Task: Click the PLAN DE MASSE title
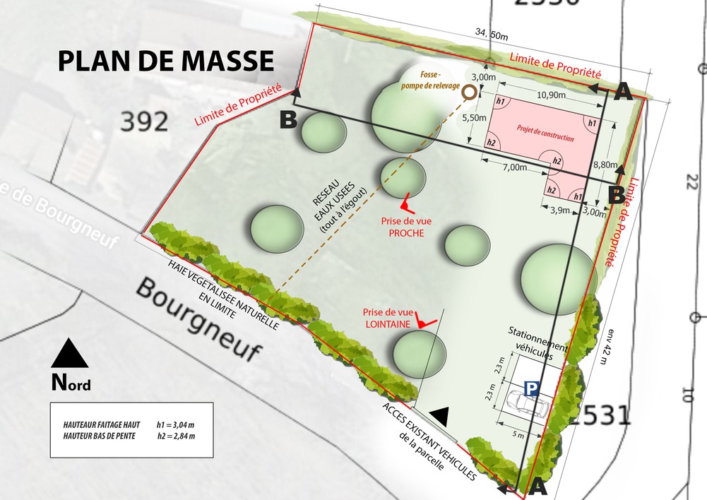[165, 61]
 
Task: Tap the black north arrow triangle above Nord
[70, 355]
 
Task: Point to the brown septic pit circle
[468, 91]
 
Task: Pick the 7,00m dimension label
[515, 167]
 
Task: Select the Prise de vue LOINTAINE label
[386, 317]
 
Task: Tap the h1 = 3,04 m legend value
[176, 425]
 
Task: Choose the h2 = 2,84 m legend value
[176, 436]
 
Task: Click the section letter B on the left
[287, 120]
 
